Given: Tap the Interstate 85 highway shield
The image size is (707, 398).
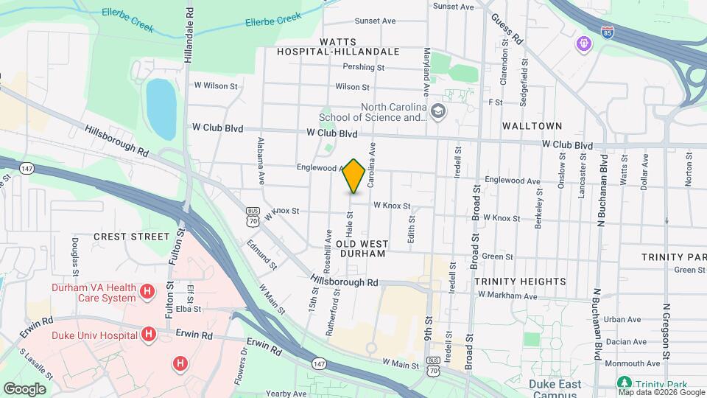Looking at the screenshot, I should coord(607,33).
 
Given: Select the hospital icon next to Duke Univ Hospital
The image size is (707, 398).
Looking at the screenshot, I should coord(149,335).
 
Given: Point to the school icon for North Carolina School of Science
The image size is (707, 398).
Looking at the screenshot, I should coord(438,111).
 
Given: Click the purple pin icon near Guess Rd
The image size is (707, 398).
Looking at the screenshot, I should coord(583,43).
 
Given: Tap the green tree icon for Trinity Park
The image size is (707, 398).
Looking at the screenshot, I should coord(625,383).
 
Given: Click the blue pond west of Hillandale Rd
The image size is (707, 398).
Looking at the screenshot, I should coord(161,109).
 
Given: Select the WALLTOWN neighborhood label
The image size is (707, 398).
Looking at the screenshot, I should coord(532,126).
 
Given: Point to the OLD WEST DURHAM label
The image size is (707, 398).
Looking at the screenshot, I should coord(361,248).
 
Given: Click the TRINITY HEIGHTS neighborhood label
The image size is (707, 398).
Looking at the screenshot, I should coord(520,282).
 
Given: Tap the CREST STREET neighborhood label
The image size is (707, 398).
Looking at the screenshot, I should coord(132,237).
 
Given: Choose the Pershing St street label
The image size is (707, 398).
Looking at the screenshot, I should coord(364,67).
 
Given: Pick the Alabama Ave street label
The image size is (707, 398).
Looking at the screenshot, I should coord(261,161).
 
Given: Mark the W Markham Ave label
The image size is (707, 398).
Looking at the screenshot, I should coord(507,296).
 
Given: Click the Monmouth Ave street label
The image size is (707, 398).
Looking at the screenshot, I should coord(633,363).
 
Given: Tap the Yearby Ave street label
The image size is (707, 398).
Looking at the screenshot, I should coord(286,394).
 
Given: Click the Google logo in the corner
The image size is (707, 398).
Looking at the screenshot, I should coord(24,388).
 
